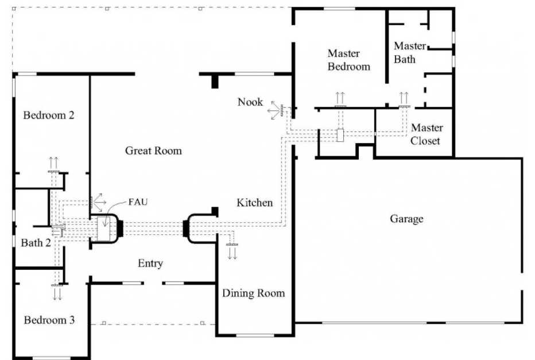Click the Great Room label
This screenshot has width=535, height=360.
tap(153, 150)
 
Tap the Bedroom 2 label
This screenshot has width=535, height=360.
tap(48, 115)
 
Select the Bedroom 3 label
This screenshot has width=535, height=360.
tap(49, 320)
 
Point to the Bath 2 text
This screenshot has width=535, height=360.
tap(36, 243)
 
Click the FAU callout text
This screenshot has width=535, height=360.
tap(138, 202)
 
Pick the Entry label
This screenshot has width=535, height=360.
tap(150, 264)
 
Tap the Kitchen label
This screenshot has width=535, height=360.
tap(254, 203)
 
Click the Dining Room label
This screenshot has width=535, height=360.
tap(254, 293)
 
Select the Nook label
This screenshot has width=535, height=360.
tap(250, 102)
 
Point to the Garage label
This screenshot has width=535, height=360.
tap(407, 219)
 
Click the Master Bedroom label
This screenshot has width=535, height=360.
tap(348, 60)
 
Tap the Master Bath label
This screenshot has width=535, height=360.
tap(410, 53)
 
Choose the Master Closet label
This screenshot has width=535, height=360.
tap(426, 134)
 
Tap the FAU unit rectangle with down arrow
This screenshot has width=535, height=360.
tap(104, 229)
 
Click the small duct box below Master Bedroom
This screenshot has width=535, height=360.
tap(340, 135)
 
